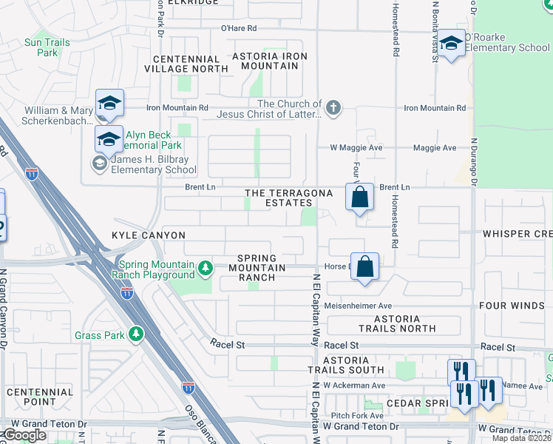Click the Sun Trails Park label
point(47,48)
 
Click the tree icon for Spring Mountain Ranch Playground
point(208,266)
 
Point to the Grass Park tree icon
point(135,334)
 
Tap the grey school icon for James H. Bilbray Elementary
point(98,162)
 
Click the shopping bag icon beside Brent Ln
point(359,198)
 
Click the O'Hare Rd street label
point(238,28)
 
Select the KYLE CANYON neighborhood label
point(149,235)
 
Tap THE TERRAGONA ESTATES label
point(279,198)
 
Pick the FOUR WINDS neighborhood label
point(513,306)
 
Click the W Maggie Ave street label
point(356,148)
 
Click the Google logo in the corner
point(24,435)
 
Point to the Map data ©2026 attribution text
point(521,438)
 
